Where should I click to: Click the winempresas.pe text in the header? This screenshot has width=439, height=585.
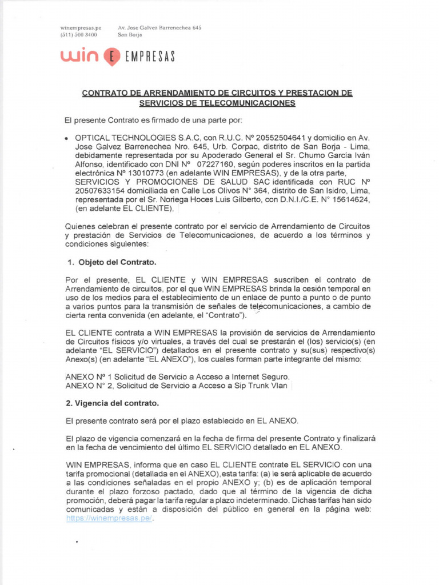[81, 27]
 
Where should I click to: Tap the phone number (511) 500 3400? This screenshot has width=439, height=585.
[78, 34]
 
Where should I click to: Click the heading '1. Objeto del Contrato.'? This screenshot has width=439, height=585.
[111, 262]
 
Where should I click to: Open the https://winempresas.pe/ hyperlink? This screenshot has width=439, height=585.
[110, 519]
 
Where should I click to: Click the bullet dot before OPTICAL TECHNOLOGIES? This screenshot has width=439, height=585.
[67, 138]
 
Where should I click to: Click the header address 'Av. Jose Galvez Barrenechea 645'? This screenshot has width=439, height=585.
[159, 27]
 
